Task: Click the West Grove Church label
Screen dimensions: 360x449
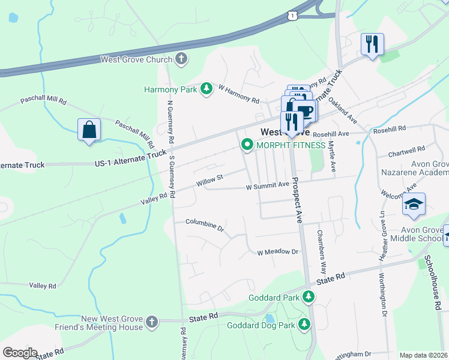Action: pos(137,59)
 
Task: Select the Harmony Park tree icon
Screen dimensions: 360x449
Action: pos(206,89)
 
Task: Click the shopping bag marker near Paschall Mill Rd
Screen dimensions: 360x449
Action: pos(89,130)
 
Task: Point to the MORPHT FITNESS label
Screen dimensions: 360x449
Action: pos(291,145)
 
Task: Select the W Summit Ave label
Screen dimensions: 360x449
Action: pos(268,187)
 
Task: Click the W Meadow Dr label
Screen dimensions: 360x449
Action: pos(278,252)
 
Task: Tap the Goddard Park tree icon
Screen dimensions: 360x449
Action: pos(309,296)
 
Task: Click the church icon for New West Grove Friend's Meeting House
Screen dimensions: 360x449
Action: pos(152,322)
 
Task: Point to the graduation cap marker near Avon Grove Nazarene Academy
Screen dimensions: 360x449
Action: pos(414,205)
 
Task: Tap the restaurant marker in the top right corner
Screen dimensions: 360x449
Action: pos(372,44)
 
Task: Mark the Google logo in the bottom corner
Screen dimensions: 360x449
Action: pos(20,353)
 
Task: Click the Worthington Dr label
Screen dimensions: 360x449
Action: pos(381,293)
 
